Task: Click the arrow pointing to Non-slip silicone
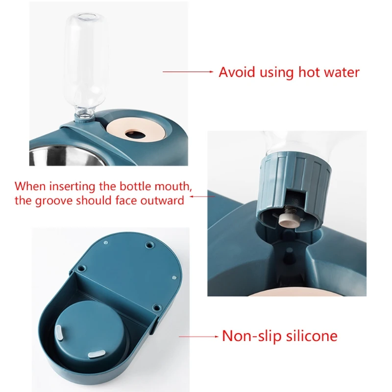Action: click(x=198, y=337)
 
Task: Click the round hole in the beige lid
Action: click(x=132, y=133)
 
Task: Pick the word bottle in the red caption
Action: click(x=149, y=187)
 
